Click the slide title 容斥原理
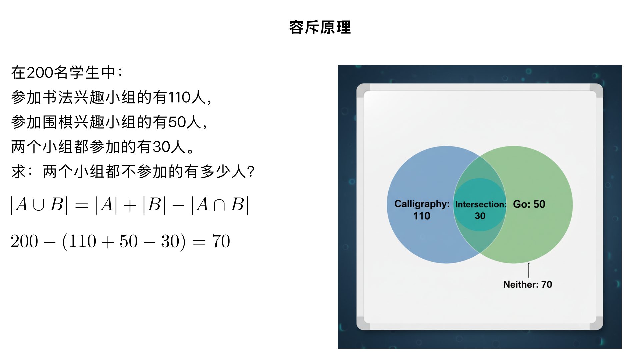click(320, 27)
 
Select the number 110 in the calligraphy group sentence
click(179, 97)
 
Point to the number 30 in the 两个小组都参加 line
click(162, 147)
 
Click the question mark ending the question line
click(251, 172)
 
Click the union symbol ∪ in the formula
click(39, 205)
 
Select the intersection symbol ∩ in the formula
click(219, 205)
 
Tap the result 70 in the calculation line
click(221, 241)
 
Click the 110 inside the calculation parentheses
click(83, 241)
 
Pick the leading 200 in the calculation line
click(24, 241)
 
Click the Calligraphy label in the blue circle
click(422, 204)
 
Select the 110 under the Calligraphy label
click(422, 216)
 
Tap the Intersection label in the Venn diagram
click(481, 204)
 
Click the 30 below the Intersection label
click(480, 216)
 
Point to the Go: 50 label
click(529, 204)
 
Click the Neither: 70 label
click(528, 284)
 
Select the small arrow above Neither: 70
click(529, 270)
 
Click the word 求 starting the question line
click(18, 172)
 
